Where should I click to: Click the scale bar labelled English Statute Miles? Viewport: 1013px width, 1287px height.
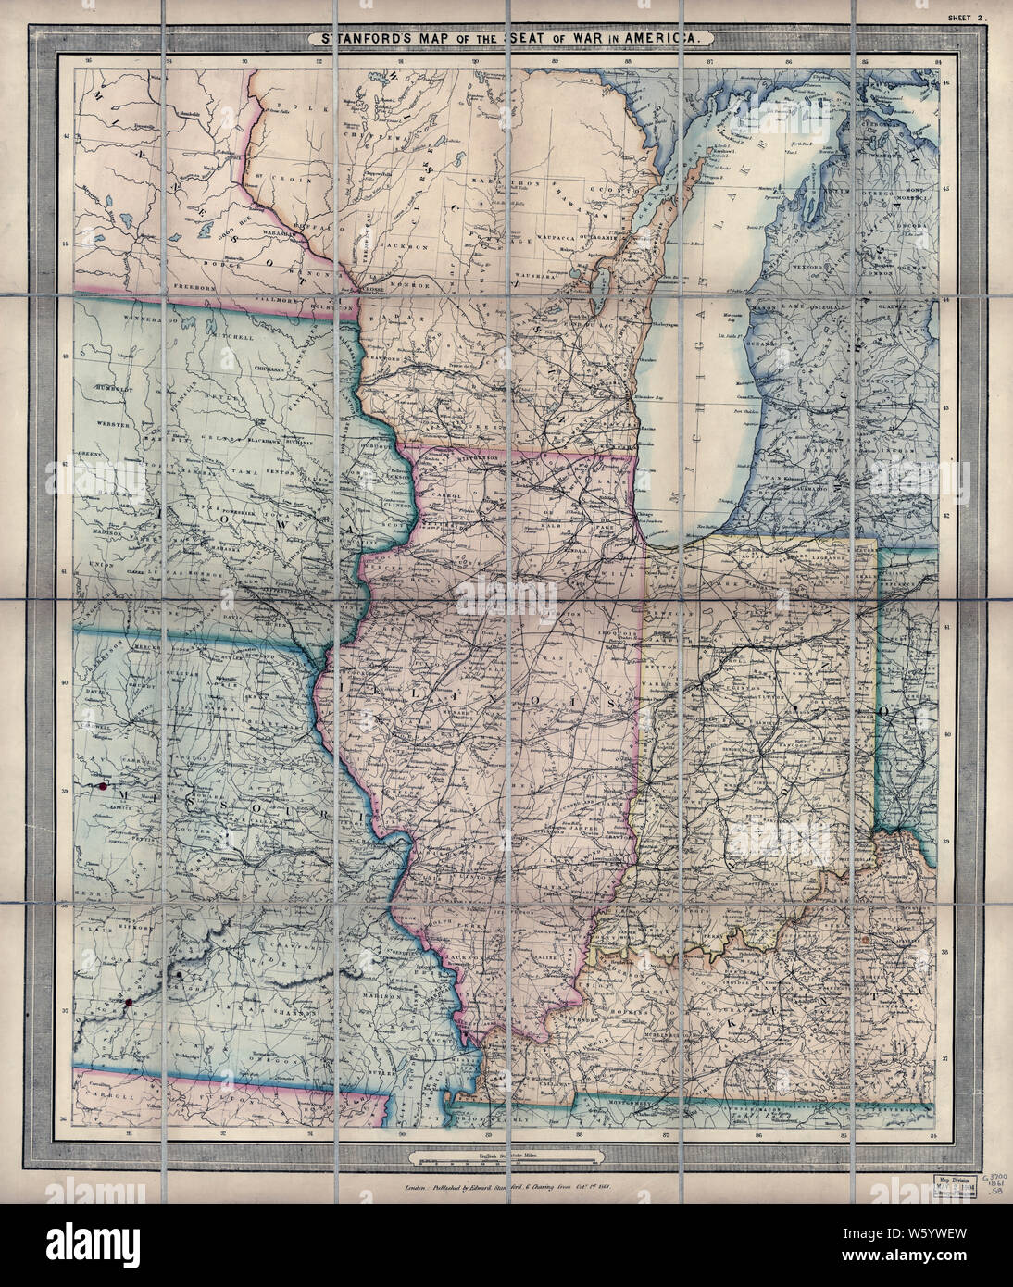coord(506,1157)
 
